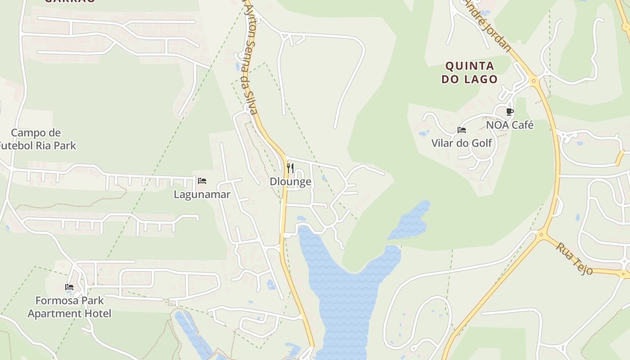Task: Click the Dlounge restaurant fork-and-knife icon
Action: pos(290,168)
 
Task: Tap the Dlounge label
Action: pos(290,182)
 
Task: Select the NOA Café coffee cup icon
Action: pos(509,112)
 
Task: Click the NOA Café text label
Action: pos(510,125)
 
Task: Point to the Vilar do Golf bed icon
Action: pos(461,130)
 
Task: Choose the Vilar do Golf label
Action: pos(462,144)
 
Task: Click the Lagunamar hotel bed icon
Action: pos(202,181)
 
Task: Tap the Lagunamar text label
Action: pos(202,194)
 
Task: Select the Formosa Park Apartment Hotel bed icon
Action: pos(69,287)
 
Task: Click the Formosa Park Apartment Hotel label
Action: pos(69,307)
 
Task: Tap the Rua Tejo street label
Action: pos(574,258)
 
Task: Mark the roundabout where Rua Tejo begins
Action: pos(542,234)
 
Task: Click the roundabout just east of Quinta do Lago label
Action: pos(535,81)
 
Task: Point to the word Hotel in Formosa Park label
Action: pos(96,313)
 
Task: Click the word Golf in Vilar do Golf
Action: pos(481,144)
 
